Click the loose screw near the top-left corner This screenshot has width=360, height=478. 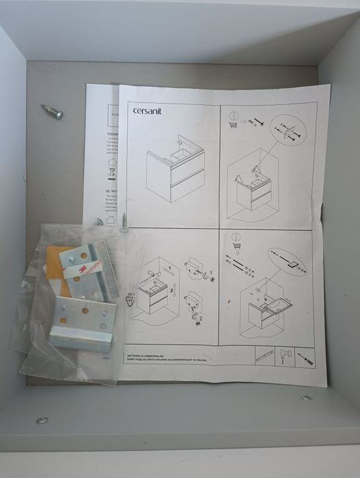coord(52,111)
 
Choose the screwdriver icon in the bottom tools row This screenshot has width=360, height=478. coord(305,358)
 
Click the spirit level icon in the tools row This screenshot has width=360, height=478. coord(264,356)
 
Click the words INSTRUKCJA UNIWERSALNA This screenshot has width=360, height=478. coord(147,355)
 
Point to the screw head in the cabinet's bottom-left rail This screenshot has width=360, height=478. coord(42,420)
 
